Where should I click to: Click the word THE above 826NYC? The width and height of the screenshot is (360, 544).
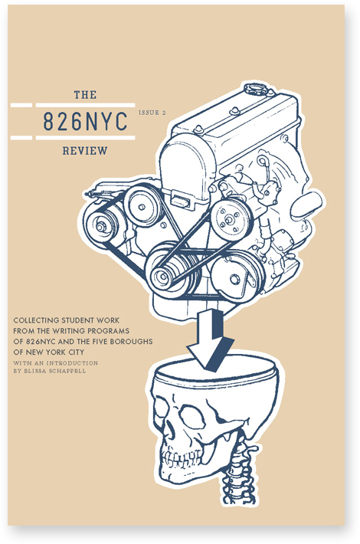[85, 95]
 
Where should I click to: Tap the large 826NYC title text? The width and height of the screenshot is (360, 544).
[85, 121]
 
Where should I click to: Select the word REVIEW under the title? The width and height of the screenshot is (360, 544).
[85, 151]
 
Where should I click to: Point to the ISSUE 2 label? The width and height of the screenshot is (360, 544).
[152, 113]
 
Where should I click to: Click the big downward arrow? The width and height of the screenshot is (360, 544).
[211, 340]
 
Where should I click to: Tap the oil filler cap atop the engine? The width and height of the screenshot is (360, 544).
[256, 89]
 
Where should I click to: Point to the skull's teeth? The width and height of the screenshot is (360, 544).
[182, 458]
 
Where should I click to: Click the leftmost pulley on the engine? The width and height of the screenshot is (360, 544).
[101, 225]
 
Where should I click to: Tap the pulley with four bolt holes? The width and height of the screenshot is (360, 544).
[230, 219]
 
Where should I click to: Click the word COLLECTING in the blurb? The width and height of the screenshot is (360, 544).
[37, 320]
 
